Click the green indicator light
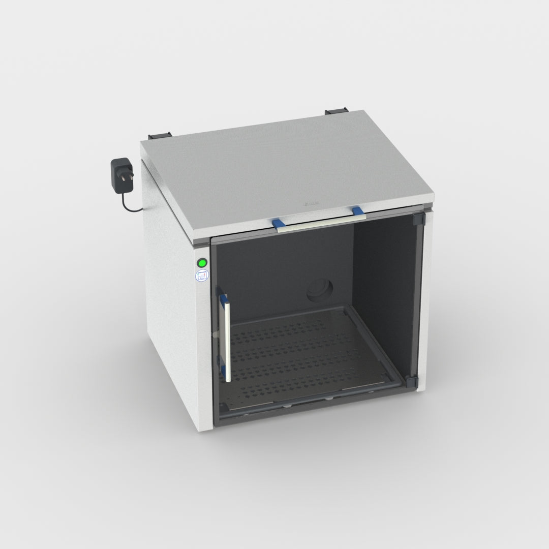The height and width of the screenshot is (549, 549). coord(202,263)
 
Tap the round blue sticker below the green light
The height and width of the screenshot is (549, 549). coord(202,276)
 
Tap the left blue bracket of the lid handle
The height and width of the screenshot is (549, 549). coord(278,224)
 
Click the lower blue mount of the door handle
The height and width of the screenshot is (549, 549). coord(222,363)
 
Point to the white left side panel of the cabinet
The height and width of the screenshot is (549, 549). coord(175,305)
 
